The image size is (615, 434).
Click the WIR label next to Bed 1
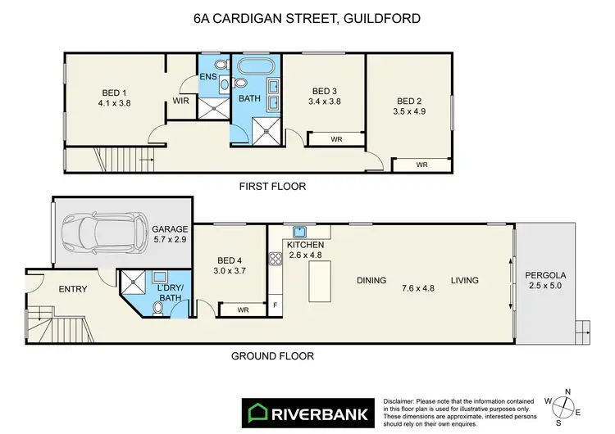click(x=180, y=102)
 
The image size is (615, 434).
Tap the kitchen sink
click(x=300, y=232)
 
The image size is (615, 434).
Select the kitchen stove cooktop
click(x=275, y=260)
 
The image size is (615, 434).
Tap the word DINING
click(x=371, y=281)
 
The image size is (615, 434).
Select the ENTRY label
click(x=72, y=289)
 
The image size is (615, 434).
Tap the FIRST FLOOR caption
click(x=272, y=187)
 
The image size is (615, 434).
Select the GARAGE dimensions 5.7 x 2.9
click(x=170, y=240)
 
